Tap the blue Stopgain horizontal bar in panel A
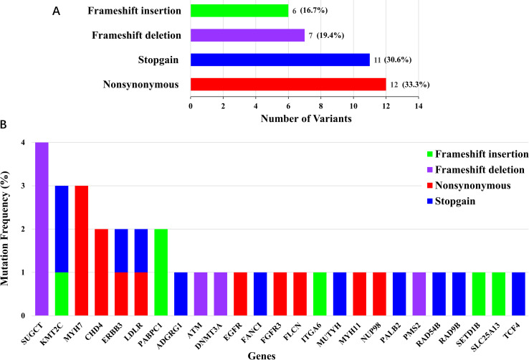click(280, 60)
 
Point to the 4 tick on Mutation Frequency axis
click(24, 143)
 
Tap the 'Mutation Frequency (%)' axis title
click(9, 229)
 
